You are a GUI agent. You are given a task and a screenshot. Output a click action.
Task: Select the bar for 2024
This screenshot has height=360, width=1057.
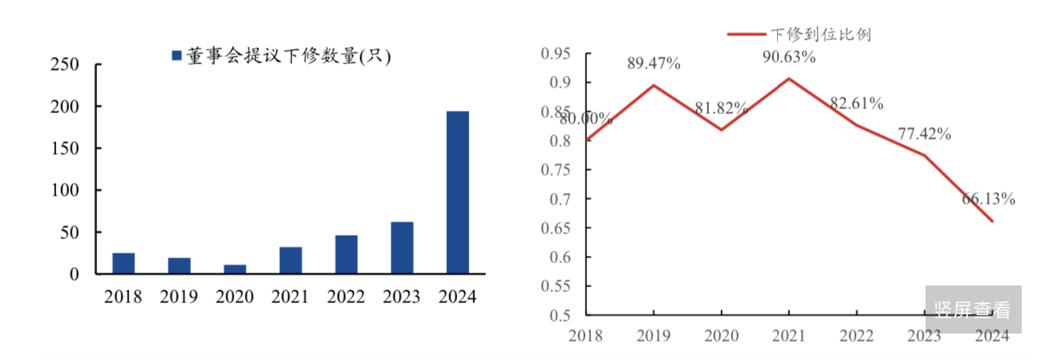pyautogui.click(x=457, y=192)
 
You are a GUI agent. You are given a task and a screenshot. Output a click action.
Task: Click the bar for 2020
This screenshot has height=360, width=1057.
pyautogui.click(x=235, y=269)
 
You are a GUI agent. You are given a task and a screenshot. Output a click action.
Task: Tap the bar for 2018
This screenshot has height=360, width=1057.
pyautogui.click(x=124, y=264)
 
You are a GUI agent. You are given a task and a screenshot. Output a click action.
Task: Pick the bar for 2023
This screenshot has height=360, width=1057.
pyautogui.click(x=402, y=248)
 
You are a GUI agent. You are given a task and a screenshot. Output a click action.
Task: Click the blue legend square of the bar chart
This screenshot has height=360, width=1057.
pyautogui.click(x=176, y=56)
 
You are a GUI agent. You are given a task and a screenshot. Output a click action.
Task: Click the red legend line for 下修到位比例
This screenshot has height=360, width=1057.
pyautogui.click(x=747, y=34)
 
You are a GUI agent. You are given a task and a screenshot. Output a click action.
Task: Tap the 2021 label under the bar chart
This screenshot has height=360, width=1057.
pyautogui.click(x=290, y=297)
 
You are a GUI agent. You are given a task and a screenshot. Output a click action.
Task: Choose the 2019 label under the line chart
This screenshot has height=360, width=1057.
pyautogui.click(x=654, y=335)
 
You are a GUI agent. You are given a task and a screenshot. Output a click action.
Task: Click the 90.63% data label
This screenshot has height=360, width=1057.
pyautogui.click(x=789, y=57)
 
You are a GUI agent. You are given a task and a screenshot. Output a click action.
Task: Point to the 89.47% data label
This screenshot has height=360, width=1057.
pyautogui.click(x=654, y=63)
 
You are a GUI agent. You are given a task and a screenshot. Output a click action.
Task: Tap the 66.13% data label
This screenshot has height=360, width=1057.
pyautogui.click(x=988, y=199)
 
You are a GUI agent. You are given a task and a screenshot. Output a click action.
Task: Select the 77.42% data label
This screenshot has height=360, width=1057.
pyautogui.click(x=924, y=134)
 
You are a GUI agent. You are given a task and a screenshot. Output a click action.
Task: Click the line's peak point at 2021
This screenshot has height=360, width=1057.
pyautogui.click(x=789, y=79)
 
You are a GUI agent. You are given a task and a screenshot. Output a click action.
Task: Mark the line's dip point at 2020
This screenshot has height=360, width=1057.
pyautogui.click(x=722, y=130)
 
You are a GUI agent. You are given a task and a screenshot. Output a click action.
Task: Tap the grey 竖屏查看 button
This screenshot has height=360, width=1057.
pyautogui.click(x=973, y=309)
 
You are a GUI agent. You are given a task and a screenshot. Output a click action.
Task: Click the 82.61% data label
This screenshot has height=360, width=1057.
pyautogui.click(x=857, y=103)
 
